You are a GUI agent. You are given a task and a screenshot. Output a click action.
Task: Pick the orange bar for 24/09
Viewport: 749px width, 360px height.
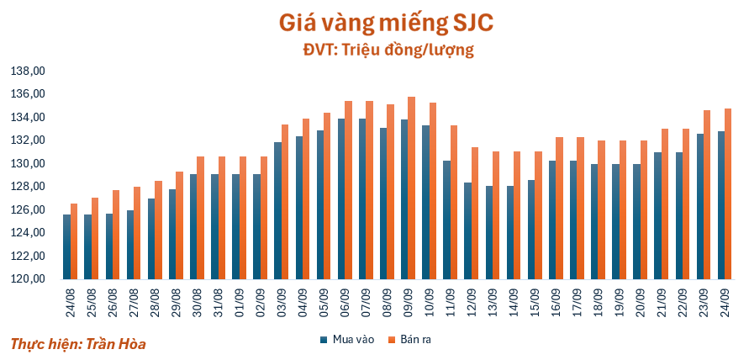coord(727,193)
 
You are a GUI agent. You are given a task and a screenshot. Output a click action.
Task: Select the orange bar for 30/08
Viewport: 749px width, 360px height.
coord(200,218)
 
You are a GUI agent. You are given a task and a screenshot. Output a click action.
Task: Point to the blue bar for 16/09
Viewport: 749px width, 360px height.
coord(551,220)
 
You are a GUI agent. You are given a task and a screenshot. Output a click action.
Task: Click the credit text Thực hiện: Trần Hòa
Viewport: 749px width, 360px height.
coord(72,343)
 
